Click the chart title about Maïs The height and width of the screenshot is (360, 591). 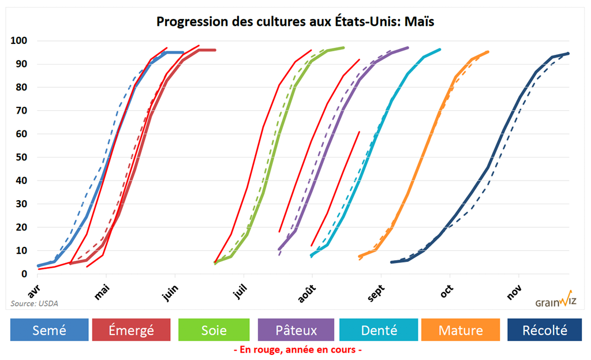pyautogui.click(x=295, y=22)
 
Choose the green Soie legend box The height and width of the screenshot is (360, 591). pyautogui.click(x=214, y=331)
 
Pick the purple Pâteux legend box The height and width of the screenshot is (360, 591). pyautogui.click(x=296, y=331)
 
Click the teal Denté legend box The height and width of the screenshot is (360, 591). pyautogui.click(x=379, y=331)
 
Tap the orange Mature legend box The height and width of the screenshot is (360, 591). pyautogui.click(x=461, y=331)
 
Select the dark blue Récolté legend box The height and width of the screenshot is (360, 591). pyautogui.click(x=544, y=331)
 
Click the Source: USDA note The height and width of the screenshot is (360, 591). pyautogui.click(x=35, y=303)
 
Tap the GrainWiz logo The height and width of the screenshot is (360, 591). pyautogui.click(x=555, y=300)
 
